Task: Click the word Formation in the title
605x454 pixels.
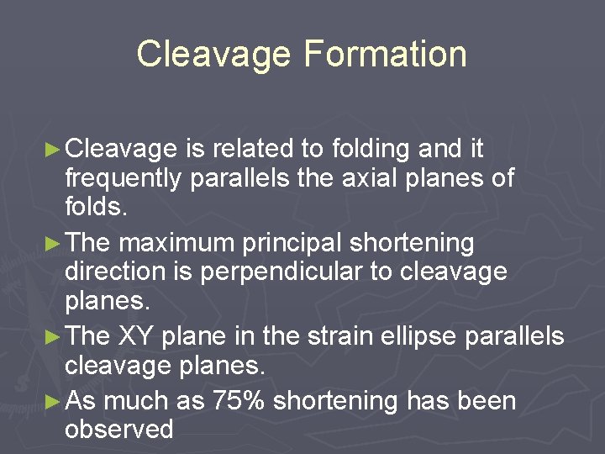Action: (x=386, y=54)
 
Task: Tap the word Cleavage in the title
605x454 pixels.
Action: (x=213, y=54)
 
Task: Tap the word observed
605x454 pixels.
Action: (x=119, y=430)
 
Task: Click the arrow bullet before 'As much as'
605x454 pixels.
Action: (x=51, y=401)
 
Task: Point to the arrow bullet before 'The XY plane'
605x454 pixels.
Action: (x=51, y=337)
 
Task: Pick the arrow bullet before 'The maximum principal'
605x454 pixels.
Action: (x=51, y=244)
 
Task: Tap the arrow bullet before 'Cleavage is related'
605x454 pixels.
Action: (x=51, y=150)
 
